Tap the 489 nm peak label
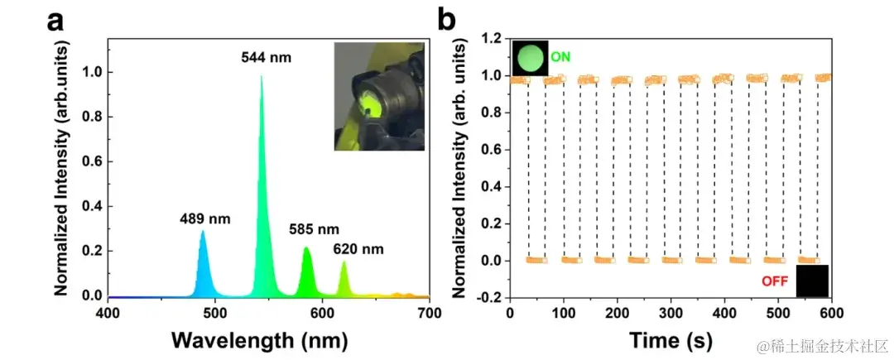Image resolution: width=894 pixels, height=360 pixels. [x=205, y=219]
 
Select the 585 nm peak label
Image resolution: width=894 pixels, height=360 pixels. [x=314, y=228]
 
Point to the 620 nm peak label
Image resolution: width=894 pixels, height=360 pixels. [x=358, y=247]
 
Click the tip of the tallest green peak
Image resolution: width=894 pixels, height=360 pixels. [x=262, y=76]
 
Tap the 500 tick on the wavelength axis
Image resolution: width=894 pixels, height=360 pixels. [x=214, y=312]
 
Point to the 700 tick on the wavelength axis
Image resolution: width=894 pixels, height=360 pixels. [x=429, y=312]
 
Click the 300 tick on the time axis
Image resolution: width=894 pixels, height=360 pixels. [x=670, y=312]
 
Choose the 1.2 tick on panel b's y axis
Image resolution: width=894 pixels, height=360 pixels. [x=493, y=39]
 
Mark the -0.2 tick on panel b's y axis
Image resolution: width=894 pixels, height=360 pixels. [x=490, y=297]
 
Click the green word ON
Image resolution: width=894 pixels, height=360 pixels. [x=561, y=57]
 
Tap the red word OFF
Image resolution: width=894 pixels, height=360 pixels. [x=775, y=281]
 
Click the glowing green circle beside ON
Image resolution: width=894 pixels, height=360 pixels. [x=530, y=58]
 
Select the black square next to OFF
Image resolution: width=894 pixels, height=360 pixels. [x=812, y=281]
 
